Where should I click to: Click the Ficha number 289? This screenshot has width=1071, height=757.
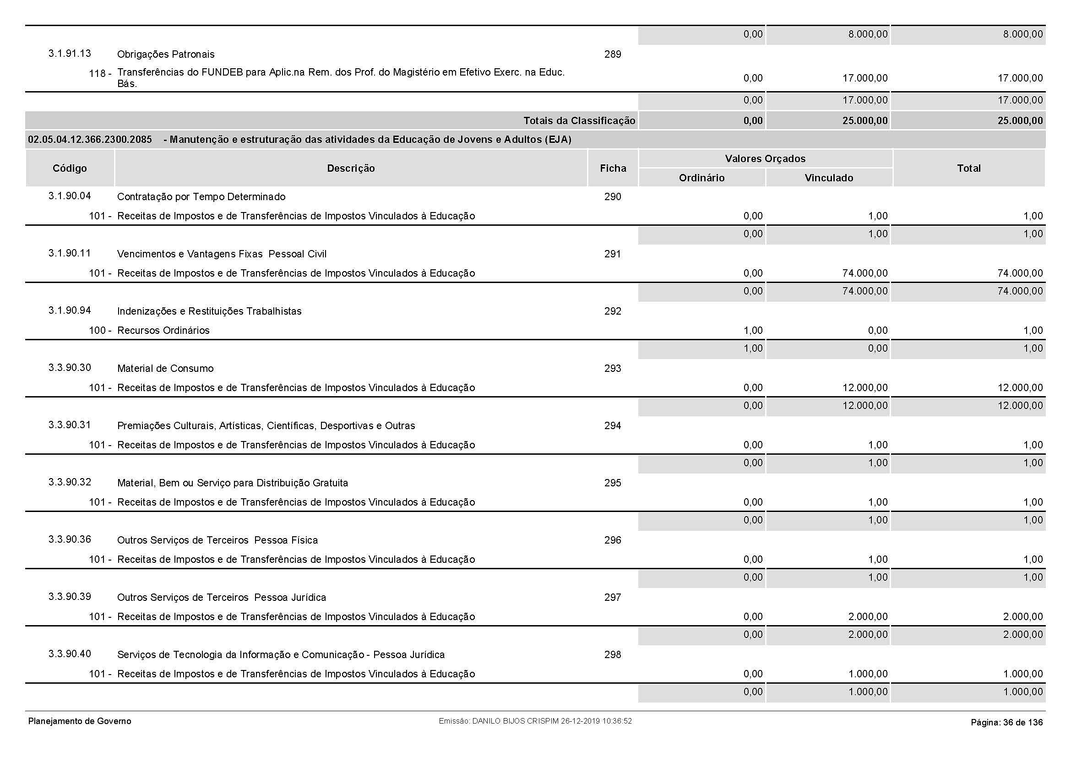pyautogui.click(x=613, y=54)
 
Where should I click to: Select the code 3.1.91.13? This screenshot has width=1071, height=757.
pyautogui.click(x=70, y=54)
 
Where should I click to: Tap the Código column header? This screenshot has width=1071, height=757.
pyautogui.click(x=70, y=169)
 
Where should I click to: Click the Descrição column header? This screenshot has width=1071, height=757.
pyautogui.click(x=351, y=169)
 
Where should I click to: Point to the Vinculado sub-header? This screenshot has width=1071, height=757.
pyautogui.click(x=829, y=178)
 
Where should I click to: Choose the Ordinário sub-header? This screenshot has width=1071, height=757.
pyautogui.click(x=701, y=178)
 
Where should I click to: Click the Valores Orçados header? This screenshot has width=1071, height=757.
pyautogui.click(x=765, y=158)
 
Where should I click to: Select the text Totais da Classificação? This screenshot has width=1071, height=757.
pyautogui.click(x=579, y=121)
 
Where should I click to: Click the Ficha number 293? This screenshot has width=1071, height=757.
pyautogui.click(x=613, y=369)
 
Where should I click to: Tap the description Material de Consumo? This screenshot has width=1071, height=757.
pyautogui.click(x=165, y=369)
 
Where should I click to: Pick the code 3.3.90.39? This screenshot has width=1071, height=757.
pyautogui.click(x=70, y=597)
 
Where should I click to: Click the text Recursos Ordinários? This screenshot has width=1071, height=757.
pyautogui.click(x=163, y=330)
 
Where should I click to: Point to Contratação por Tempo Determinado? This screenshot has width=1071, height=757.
pyautogui.click(x=201, y=197)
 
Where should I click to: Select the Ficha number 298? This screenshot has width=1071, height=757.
pyautogui.click(x=613, y=655)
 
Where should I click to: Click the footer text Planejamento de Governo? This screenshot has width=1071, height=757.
pyautogui.click(x=80, y=721)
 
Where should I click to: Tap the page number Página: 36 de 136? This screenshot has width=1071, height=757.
pyautogui.click(x=1006, y=723)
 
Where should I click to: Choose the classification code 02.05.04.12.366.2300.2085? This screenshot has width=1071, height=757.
pyautogui.click(x=90, y=140)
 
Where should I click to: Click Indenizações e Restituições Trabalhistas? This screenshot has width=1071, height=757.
pyautogui.click(x=209, y=311)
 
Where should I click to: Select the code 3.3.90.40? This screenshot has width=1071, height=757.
pyautogui.click(x=70, y=654)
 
